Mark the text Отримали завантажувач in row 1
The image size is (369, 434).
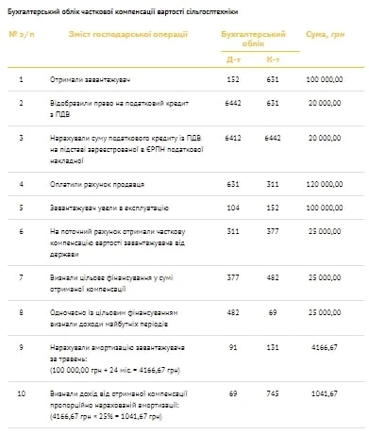click(88, 79)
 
